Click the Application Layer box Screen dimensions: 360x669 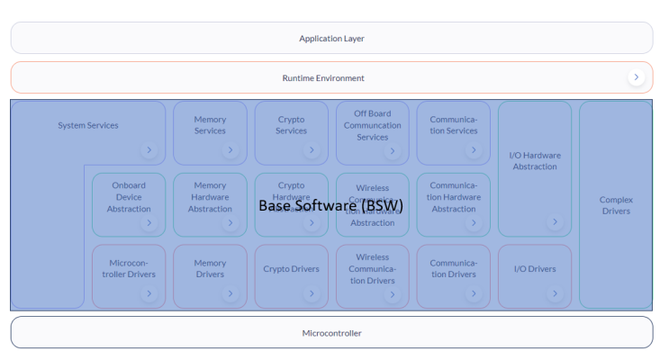click(x=331, y=39)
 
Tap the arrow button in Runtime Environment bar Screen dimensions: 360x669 click(x=637, y=77)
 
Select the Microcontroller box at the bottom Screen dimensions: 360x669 click(x=331, y=333)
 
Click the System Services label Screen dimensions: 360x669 click(x=88, y=125)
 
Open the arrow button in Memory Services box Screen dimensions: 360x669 click(x=231, y=149)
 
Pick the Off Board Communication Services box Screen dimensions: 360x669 click(x=372, y=126)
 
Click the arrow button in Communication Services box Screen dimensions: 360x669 click(x=474, y=149)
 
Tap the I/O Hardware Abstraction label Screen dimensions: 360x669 click(x=535, y=160)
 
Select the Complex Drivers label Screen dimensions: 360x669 click(x=616, y=205)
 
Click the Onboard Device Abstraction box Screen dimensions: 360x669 click(x=129, y=198)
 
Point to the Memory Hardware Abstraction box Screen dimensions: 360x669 click(x=210, y=198)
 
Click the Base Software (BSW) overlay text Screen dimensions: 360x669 click(x=330, y=205)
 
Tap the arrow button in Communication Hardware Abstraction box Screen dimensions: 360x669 click(x=474, y=221)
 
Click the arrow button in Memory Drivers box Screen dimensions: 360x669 click(x=231, y=293)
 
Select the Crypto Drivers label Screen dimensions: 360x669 click(x=291, y=269)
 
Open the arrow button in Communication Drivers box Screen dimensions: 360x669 click(x=474, y=293)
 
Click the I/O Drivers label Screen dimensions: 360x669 click(x=535, y=269)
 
